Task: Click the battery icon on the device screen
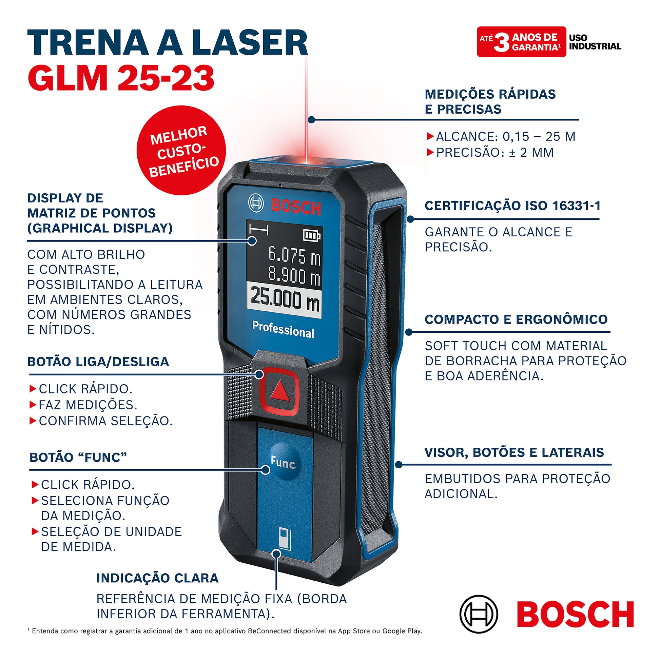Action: pos(312,235)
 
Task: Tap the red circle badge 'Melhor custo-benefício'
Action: pos(181,150)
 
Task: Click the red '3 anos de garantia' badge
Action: pos(521,42)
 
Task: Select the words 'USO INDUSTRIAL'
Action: pos(595,42)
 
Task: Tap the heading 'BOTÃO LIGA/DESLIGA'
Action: pos(98,362)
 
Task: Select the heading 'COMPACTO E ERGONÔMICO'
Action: pos(516,319)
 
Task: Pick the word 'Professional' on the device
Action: pos(283,329)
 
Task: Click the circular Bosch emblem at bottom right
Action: pos(479,614)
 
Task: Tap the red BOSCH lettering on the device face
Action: pos(296,207)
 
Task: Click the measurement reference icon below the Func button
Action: pos(285,538)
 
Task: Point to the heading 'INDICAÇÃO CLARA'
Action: pos(157,578)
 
